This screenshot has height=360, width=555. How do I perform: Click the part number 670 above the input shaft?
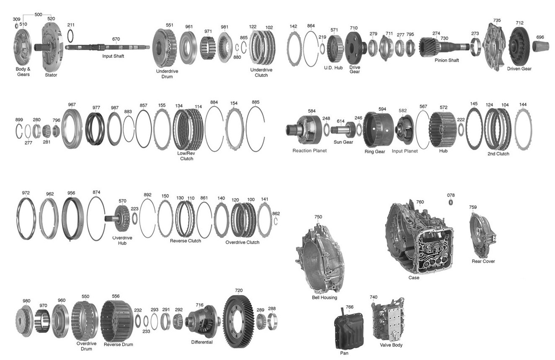(x=116, y=39)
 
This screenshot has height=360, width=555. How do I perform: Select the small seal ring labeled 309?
(x=17, y=26)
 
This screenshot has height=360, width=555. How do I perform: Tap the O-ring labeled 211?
(x=70, y=36)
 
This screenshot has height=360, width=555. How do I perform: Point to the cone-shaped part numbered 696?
(x=540, y=46)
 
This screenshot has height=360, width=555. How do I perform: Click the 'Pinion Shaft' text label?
(x=447, y=60)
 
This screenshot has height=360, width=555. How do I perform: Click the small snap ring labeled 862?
(x=276, y=221)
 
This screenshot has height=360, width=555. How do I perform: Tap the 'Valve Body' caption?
(x=391, y=345)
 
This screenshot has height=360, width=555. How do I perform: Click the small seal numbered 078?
(x=451, y=202)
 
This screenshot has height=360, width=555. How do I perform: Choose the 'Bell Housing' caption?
(x=324, y=297)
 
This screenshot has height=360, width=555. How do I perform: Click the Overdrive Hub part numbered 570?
(x=119, y=218)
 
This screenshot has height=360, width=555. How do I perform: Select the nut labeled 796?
(x=56, y=131)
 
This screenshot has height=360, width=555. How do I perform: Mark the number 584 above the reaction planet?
(x=312, y=111)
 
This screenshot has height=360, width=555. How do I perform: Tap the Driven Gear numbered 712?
(x=519, y=46)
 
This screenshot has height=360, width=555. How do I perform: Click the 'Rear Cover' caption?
(x=483, y=261)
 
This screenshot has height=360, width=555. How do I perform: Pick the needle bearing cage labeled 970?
(x=42, y=321)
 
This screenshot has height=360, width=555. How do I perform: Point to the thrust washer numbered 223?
(x=135, y=218)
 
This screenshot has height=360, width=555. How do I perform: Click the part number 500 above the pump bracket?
(x=38, y=14)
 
